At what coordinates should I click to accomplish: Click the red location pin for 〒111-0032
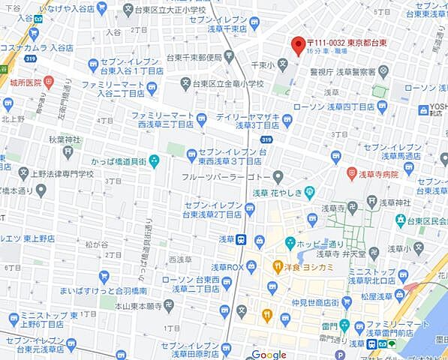(x=298, y=45)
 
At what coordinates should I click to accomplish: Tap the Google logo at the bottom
(x=269, y=354)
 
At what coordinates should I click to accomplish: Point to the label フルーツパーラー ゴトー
(x=226, y=177)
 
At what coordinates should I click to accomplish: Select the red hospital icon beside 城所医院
(x=50, y=81)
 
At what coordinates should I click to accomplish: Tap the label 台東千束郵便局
(x=194, y=57)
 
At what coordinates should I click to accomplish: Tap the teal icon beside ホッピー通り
(x=290, y=243)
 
